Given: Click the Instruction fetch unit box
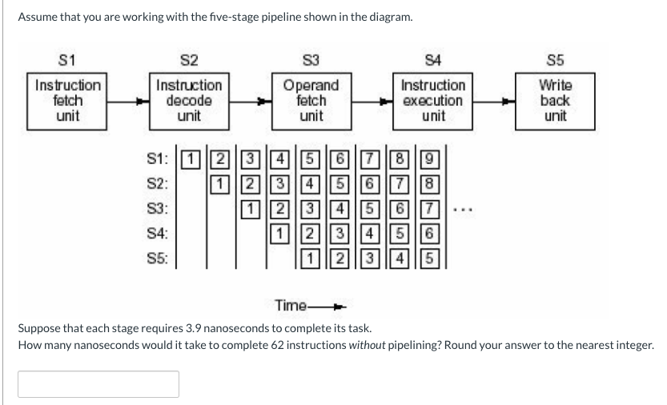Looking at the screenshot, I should (68, 101).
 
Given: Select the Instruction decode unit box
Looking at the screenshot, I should (189, 101).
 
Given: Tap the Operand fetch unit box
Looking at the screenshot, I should (311, 101).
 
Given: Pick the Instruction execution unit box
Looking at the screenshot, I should (433, 101).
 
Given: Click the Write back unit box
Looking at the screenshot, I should (554, 101).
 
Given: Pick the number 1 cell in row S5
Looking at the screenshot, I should (310, 259).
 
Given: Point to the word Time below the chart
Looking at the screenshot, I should (290, 305).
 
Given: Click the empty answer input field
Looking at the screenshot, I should (98, 383).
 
